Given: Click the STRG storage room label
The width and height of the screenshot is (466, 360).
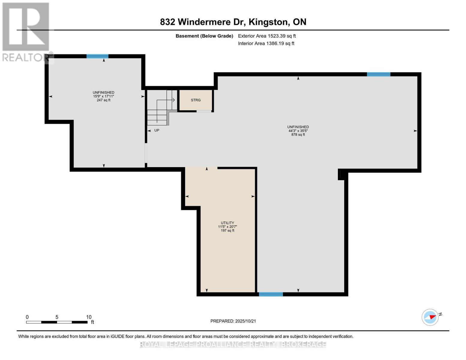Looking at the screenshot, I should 196,100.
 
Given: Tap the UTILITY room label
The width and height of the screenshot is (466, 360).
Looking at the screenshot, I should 227,223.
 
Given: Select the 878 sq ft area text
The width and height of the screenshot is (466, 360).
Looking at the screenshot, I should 298,135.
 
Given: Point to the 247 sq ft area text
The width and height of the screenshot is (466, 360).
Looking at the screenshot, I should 104,100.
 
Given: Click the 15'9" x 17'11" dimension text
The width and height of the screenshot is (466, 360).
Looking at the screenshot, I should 104,96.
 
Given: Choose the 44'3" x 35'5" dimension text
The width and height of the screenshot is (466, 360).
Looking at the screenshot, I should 298,131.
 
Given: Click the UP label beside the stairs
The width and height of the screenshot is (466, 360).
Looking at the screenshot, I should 157,130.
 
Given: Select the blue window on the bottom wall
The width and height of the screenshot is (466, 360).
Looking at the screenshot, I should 271,294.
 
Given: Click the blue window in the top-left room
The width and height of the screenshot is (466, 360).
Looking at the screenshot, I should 98,56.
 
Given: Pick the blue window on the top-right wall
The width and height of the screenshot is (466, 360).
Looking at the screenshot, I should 378,74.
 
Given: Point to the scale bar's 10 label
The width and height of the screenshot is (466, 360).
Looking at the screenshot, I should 89,317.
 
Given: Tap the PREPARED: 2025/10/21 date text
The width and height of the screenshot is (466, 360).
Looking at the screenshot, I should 233,321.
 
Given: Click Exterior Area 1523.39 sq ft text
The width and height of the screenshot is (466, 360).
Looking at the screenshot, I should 267,36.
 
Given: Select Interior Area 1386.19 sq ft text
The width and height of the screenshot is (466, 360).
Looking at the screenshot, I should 266,43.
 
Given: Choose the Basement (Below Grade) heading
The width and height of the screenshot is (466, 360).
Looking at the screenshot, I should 204,36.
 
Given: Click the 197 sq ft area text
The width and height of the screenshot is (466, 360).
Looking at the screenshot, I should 227,231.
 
